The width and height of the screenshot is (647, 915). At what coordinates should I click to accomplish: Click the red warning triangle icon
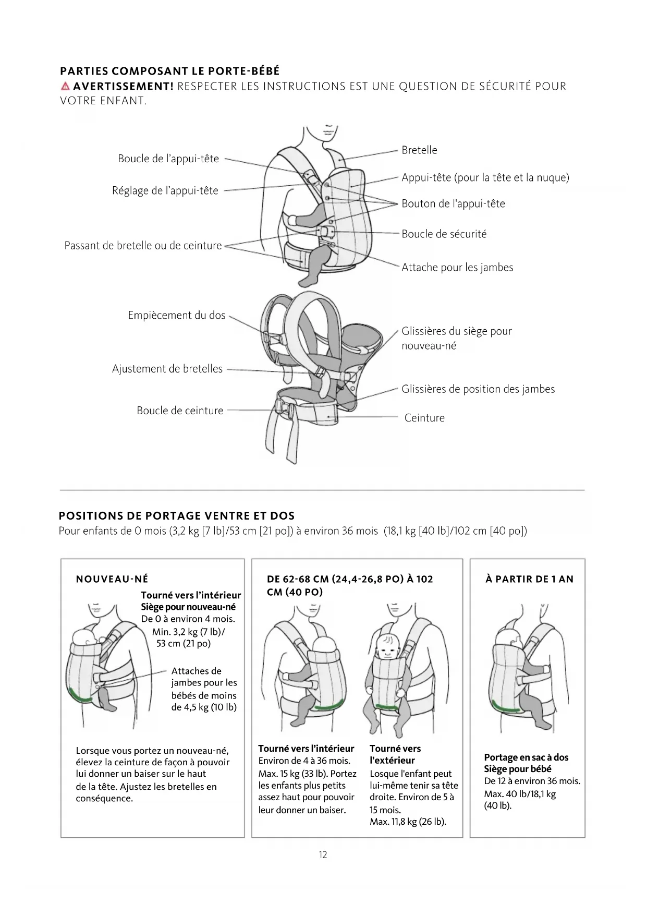65,86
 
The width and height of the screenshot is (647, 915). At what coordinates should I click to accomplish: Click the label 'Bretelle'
419,150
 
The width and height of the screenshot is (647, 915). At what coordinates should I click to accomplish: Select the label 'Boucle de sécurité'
444,234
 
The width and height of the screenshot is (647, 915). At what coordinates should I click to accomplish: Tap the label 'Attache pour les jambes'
457,268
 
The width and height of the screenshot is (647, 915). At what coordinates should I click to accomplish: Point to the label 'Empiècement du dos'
177,316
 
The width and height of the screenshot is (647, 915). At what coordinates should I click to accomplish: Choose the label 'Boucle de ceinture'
180,411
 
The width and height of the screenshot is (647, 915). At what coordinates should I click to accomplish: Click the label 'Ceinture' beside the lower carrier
424,418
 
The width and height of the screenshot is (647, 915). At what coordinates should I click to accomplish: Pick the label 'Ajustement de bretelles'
167,369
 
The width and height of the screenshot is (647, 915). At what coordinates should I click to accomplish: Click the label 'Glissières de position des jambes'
478,389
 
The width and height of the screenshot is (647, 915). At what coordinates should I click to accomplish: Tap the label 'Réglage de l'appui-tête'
165,191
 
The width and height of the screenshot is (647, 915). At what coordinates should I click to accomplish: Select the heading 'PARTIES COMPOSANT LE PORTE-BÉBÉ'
170,71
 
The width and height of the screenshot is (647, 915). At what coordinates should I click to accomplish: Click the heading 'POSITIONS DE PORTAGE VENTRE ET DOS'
177,516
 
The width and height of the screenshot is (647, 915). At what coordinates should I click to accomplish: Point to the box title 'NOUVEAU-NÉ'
112,579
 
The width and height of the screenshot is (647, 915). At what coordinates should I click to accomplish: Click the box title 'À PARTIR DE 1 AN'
529,579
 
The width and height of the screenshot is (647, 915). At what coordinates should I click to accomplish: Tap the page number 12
323,855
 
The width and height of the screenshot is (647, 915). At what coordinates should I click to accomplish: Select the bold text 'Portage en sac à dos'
526,757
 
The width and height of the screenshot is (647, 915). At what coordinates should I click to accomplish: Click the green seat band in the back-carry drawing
506,707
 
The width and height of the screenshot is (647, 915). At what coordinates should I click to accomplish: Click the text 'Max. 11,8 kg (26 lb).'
408,822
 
